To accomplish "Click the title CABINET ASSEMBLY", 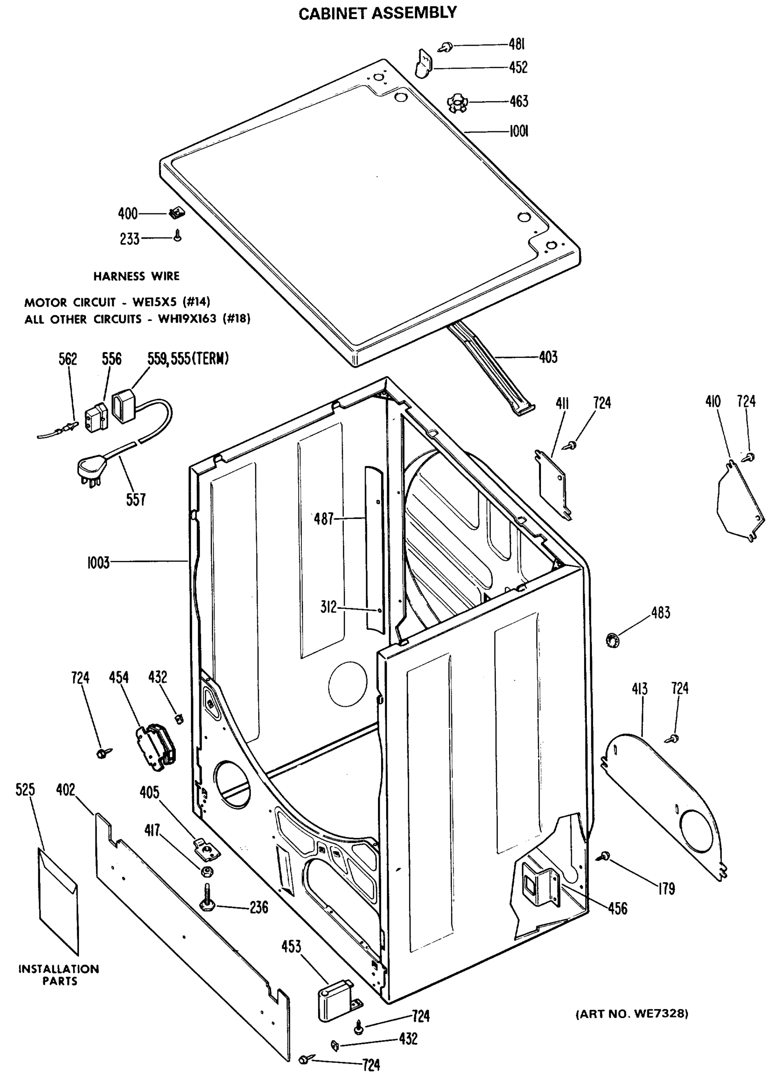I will pos(377,13).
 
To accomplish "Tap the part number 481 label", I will pos(517,44).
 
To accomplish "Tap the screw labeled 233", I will pos(178,236).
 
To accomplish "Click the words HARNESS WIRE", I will pos(137,276).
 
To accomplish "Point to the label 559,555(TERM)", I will pos(188,358).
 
